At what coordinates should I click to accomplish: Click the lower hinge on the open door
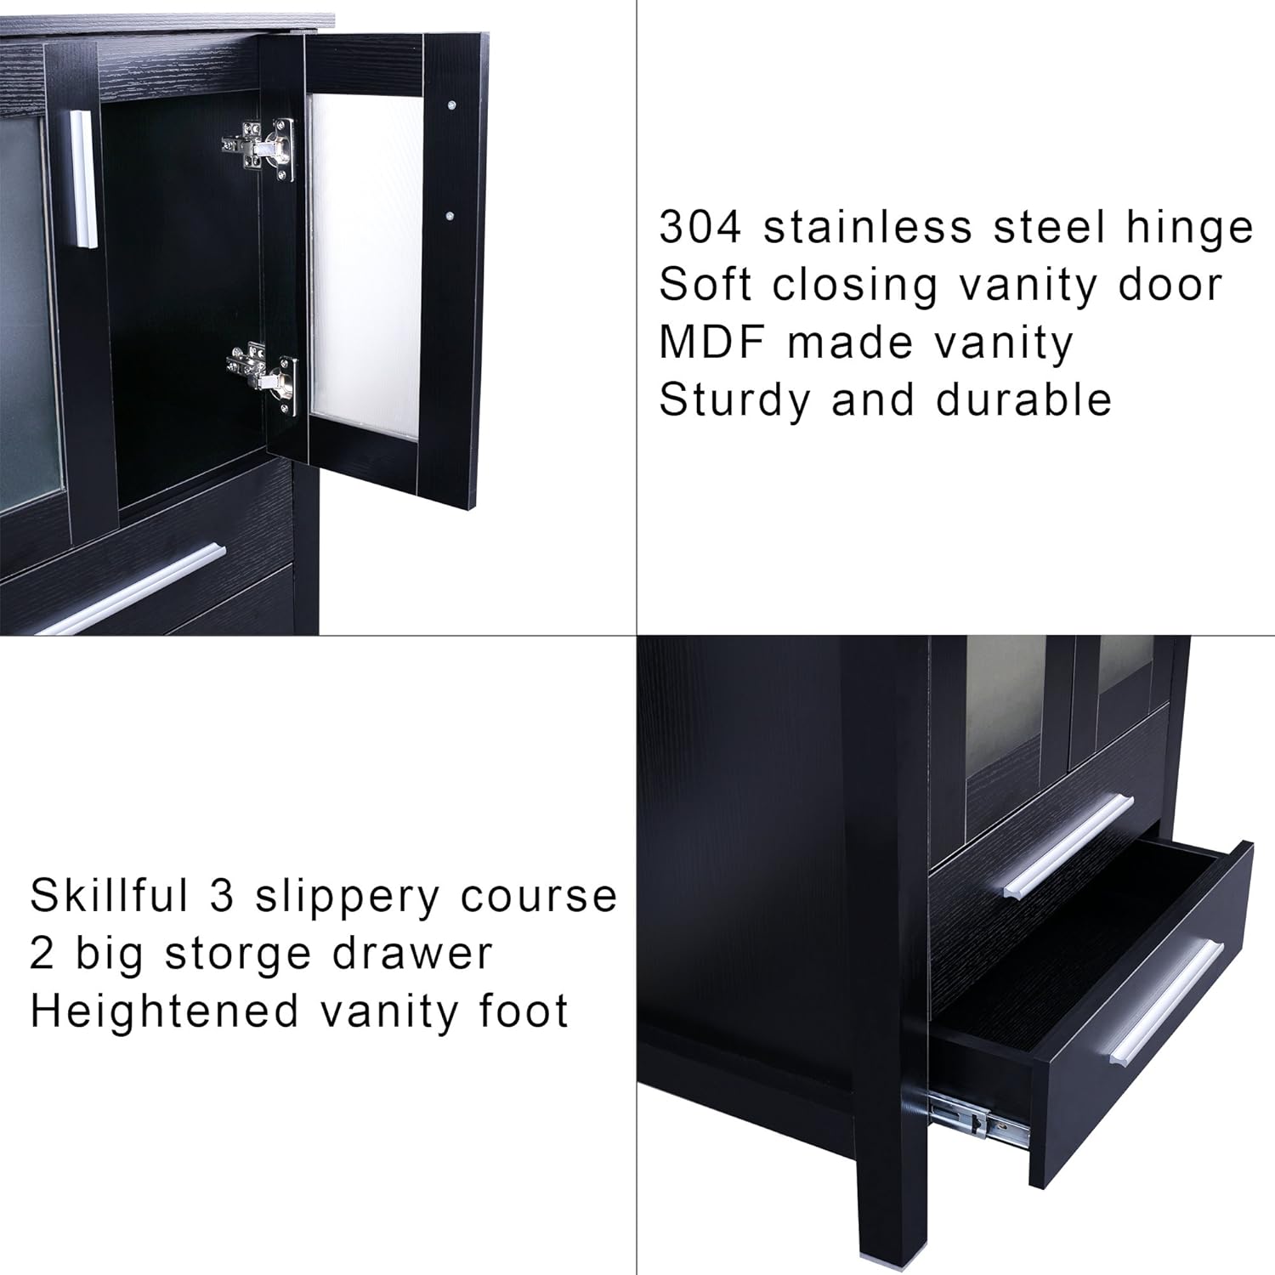[x=265, y=376]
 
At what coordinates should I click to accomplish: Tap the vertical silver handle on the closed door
[x=82, y=179]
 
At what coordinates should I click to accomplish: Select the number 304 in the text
[x=700, y=227]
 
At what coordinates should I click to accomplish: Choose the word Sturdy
[x=734, y=400]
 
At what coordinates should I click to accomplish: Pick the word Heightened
[x=165, y=1011]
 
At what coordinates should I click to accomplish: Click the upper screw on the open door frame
[x=450, y=105]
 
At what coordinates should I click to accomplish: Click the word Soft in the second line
[x=705, y=285]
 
